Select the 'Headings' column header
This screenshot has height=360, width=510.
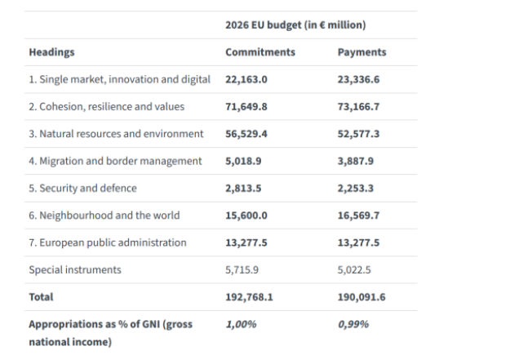click(x=51, y=52)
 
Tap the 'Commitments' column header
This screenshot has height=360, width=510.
click(x=260, y=52)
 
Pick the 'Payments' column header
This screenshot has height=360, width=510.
click(x=361, y=52)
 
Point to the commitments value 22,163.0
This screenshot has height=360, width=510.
click(x=246, y=79)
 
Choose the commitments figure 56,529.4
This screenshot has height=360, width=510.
click(x=246, y=134)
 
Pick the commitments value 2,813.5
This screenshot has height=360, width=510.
click(x=243, y=188)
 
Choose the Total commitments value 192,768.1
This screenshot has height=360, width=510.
click(x=249, y=297)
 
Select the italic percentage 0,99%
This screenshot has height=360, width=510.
click(x=353, y=324)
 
